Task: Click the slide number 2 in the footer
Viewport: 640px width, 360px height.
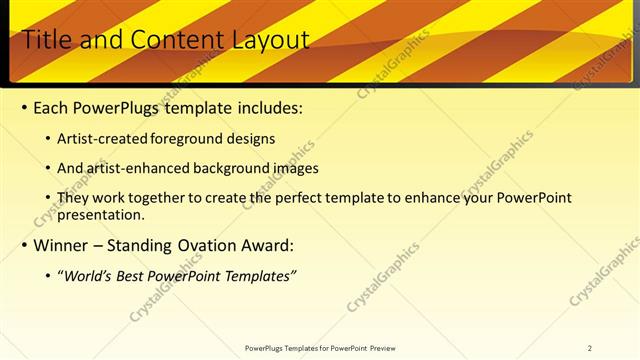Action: [590, 348]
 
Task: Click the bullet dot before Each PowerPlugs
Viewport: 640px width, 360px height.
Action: [24, 108]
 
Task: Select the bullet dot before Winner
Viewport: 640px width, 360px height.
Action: [24, 245]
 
